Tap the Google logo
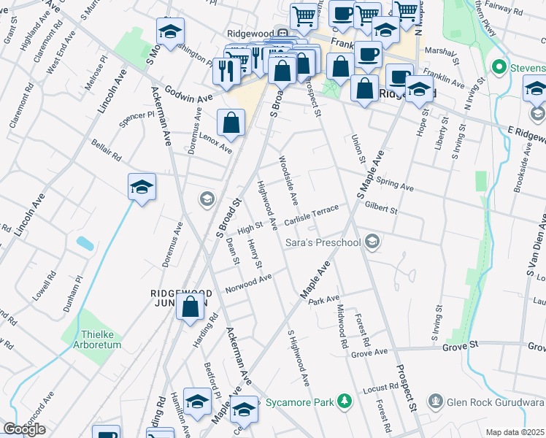pyautogui.click(x=24, y=429)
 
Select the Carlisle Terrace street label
pyautogui.click(x=312, y=215)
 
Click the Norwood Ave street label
pyautogui.click(x=248, y=281)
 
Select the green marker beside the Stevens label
pyautogui.click(x=500, y=68)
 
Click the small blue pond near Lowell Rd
pyautogui.click(x=85, y=244)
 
